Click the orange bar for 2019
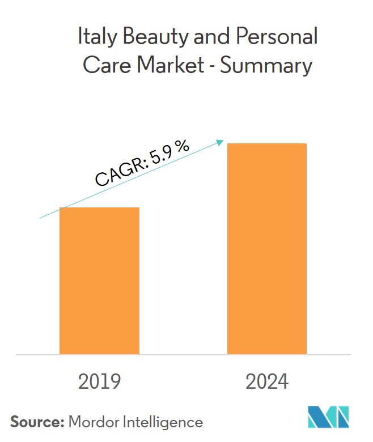[99, 280]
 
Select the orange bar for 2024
[267, 249]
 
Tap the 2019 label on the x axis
[99, 382]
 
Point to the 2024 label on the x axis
[267, 382]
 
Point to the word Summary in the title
[266, 66]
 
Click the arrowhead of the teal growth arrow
[222, 142]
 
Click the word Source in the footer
[36, 422]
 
